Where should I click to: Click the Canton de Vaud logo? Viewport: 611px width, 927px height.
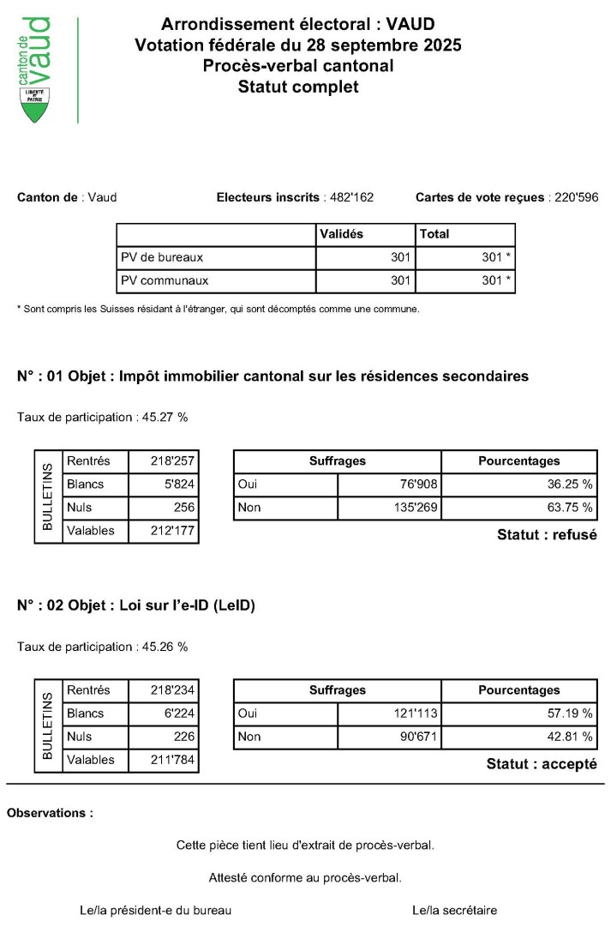tap(35, 69)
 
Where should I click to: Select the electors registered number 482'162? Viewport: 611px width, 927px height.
tap(350, 198)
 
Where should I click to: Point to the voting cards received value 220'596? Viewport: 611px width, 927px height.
tap(574, 198)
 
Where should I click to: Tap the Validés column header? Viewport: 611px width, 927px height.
tap(341, 234)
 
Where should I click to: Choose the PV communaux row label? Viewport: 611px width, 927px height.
tap(165, 280)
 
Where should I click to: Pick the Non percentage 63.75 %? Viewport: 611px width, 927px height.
tap(570, 508)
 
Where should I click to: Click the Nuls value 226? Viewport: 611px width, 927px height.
tap(183, 737)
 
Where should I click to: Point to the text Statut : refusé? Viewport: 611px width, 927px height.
tap(547, 535)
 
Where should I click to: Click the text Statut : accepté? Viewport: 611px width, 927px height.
tap(542, 764)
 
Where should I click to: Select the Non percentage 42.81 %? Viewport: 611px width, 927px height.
tap(570, 737)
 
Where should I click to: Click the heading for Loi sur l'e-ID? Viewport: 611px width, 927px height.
tap(136, 605)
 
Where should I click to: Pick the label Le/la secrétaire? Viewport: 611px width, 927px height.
tap(454, 911)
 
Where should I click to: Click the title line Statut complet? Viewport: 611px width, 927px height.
tap(298, 86)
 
